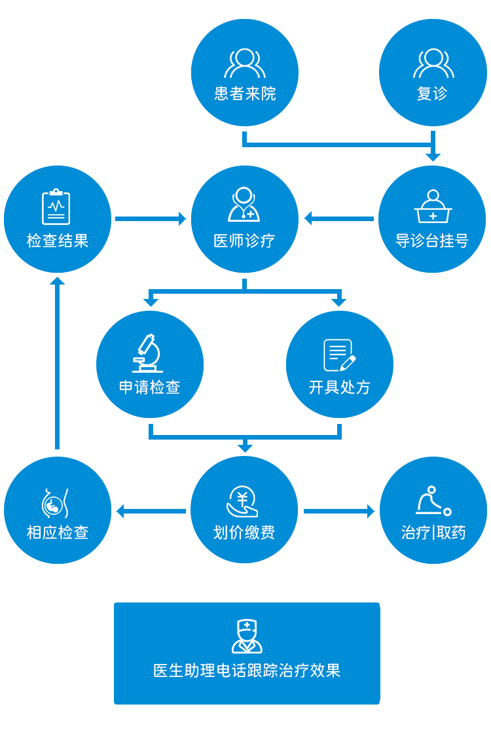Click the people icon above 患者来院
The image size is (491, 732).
pyautogui.click(x=245, y=63)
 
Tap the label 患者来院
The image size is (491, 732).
pyautogui.click(x=245, y=94)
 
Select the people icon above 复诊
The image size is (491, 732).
pyautogui.click(x=433, y=63)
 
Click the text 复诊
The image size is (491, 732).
pyautogui.click(x=432, y=94)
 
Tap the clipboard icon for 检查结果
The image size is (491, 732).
pyautogui.click(x=56, y=207)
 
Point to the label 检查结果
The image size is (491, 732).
pyautogui.click(x=58, y=241)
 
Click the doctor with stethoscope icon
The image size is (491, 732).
pyautogui.click(x=244, y=205)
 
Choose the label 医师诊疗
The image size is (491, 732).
pyautogui.click(x=244, y=241)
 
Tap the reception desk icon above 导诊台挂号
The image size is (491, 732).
pyautogui.click(x=433, y=207)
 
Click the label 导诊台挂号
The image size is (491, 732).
pyautogui.click(x=432, y=241)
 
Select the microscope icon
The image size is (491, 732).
pyautogui.click(x=148, y=353)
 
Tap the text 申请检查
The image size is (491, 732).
pyautogui.click(x=149, y=387)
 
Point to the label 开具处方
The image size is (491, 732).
pyautogui.click(x=340, y=387)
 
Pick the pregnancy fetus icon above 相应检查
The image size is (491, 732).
pyautogui.click(x=55, y=503)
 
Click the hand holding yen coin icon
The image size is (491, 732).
pyautogui.click(x=242, y=502)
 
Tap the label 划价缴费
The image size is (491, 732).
pyautogui.click(x=244, y=532)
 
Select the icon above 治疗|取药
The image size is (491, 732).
pyautogui.click(x=433, y=501)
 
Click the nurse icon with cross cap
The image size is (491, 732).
pyautogui.click(x=247, y=636)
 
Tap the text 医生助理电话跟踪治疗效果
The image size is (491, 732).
pyautogui.click(x=247, y=671)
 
